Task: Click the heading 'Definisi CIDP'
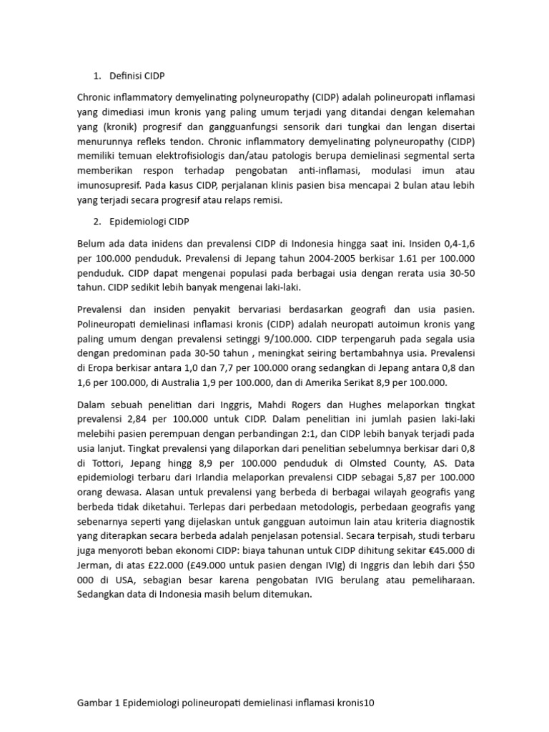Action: (x=137, y=76)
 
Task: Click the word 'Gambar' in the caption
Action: (x=97, y=703)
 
